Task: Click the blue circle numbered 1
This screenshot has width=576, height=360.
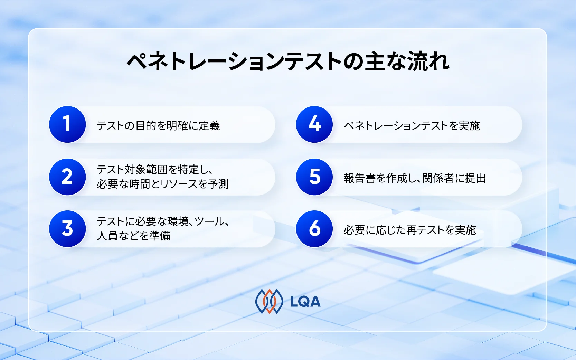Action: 67,124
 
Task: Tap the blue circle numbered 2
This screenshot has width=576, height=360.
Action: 67,177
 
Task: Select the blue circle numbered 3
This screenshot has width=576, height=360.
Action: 67,229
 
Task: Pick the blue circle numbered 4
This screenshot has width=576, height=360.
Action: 314,124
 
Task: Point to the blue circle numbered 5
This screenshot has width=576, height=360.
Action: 314,177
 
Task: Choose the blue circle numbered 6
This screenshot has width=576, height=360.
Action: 314,229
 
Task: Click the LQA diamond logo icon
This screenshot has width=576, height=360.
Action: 269,301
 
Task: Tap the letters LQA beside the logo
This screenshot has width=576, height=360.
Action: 305,302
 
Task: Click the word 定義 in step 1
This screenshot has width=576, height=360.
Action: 209,126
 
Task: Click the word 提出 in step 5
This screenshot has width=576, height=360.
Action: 476,178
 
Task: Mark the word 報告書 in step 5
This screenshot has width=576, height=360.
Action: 360,178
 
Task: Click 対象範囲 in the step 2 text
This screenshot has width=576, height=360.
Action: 146,170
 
